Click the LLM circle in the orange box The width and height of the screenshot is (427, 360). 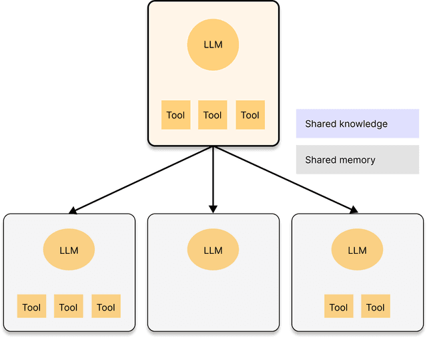(213, 45)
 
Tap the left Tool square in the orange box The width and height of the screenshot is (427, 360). (176, 115)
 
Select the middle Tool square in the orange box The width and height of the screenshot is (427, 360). (213, 115)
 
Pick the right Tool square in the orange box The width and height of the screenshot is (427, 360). (250, 115)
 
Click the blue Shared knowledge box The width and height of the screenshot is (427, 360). (357, 124)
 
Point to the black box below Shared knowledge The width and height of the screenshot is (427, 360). (357, 160)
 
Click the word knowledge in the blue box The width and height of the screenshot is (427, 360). (363, 124)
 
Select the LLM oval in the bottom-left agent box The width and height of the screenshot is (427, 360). (69, 250)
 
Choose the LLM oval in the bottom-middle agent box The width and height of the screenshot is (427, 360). (213, 250)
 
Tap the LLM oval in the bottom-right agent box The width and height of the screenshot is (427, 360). (357, 250)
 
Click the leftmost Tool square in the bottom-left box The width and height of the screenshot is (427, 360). (31, 307)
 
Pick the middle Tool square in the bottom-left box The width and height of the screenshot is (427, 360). (68, 307)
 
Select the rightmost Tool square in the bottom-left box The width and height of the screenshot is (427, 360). (106, 307)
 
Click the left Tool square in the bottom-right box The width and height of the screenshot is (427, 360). (338, 307)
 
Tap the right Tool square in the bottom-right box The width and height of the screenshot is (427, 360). (376, 307)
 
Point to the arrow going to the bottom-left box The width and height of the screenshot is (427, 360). (140, 180)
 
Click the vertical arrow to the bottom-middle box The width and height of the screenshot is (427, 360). (213, 177)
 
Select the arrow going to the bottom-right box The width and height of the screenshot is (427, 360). (287, 180)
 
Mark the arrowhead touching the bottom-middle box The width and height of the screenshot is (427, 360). (213, 209)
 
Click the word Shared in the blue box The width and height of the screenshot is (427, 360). (320, 124)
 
